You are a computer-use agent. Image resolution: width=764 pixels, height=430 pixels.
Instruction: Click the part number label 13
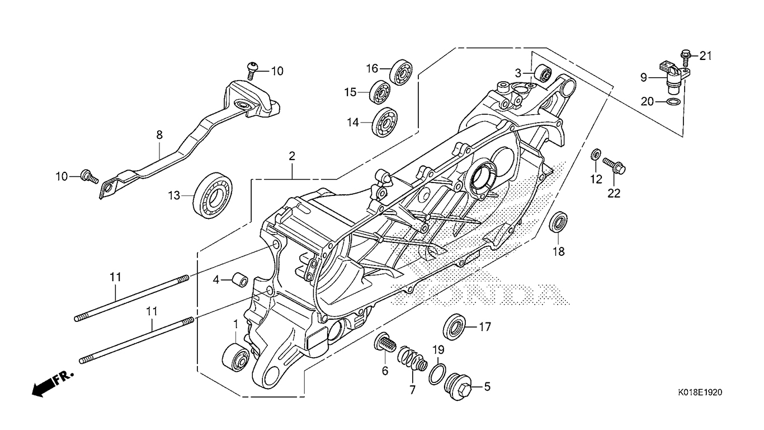(x=175, y=195)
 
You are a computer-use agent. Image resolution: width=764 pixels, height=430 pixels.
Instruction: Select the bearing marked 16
(x=401, y=71)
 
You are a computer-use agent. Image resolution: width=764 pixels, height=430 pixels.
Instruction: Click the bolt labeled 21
(x=686, y=55)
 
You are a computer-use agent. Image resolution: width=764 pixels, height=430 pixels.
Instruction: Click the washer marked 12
(x=596, y=153)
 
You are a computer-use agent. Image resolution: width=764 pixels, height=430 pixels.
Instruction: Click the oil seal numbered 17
(x=454, y=326)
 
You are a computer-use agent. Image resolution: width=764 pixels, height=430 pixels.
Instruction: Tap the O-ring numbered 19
(x=437, y=373)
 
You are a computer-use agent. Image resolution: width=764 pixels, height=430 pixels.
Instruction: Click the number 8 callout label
(x=159, y=134)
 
